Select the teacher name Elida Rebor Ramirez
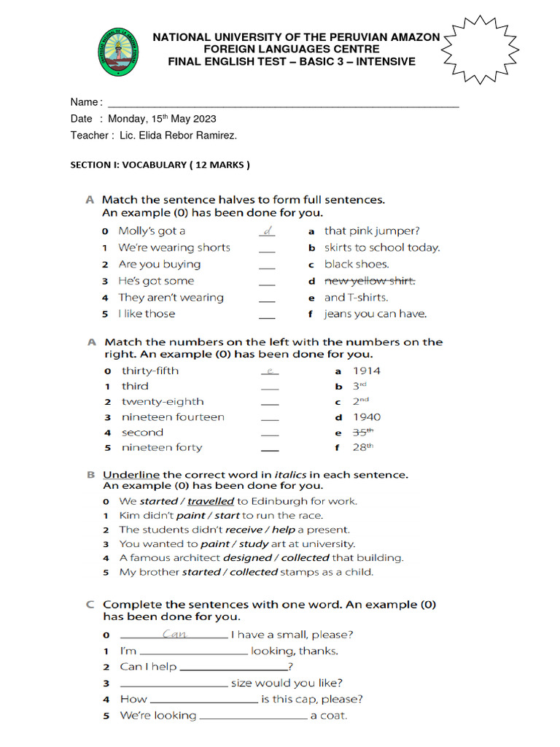(178, 135)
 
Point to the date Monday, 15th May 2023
(162, 118)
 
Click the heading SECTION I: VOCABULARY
(160, 165)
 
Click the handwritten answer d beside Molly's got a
(268, 231)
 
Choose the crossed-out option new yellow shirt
(370, 281)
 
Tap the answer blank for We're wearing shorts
(268, 249)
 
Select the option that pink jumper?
(372, 231)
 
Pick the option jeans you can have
(376, 314)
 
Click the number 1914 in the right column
(367, 371)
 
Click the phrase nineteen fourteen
(173, 417)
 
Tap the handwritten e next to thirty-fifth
(270, 371)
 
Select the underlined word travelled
(211, 501)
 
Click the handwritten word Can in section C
(174, 634)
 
